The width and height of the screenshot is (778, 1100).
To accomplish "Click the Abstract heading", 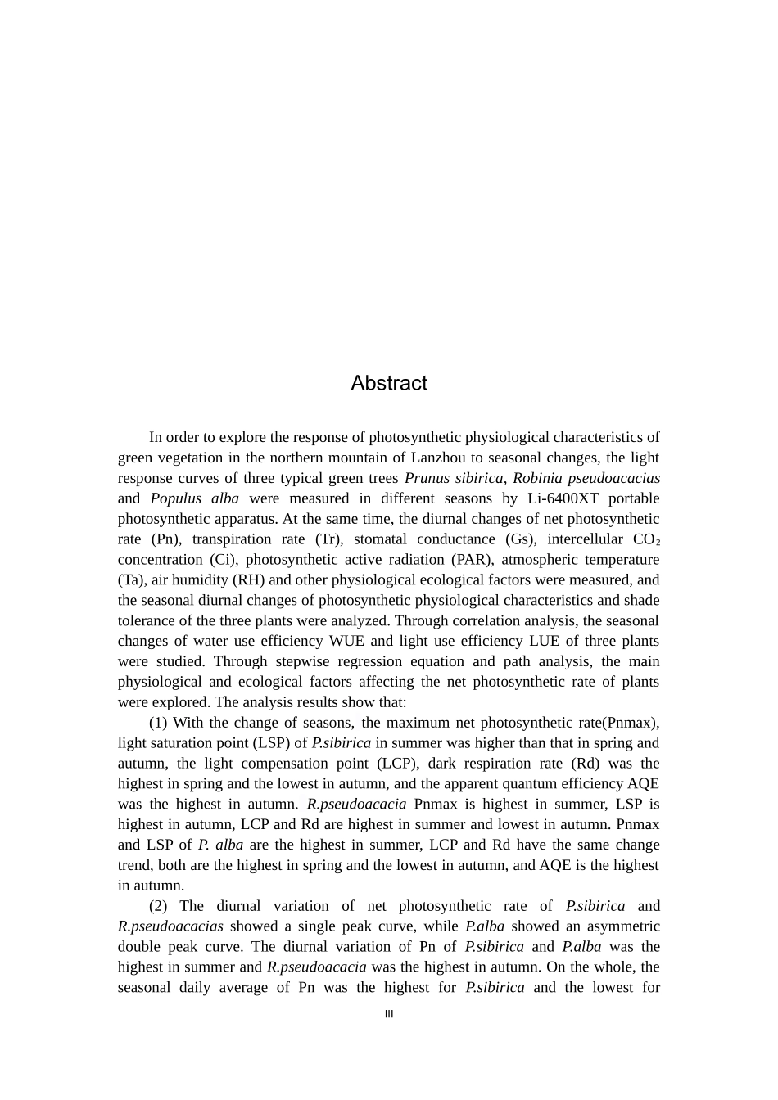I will (389, 383).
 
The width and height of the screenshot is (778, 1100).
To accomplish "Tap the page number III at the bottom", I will (389, 1014).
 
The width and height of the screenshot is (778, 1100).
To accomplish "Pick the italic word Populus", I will (176, 498).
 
